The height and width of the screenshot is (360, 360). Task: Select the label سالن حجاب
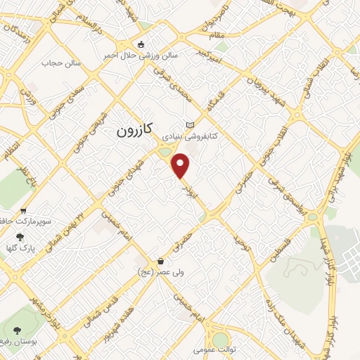tap(62, 63)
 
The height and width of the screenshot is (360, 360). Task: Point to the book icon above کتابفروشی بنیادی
tap(189, 124)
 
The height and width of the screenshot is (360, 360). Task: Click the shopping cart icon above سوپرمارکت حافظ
tap(23, 210)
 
